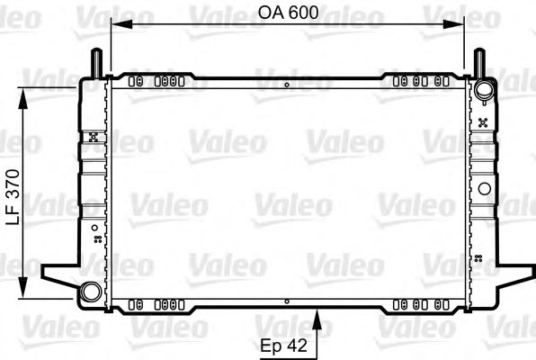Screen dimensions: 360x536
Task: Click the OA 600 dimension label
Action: click(x=288, y=13)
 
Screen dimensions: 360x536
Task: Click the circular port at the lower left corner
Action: click(x=90, y=292)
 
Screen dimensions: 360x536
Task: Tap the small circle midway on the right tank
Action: click(x=486, y=189)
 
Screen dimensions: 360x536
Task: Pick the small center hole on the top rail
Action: click(x=286, y=85)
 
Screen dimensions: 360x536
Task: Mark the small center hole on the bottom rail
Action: click(x=286, y=301)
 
